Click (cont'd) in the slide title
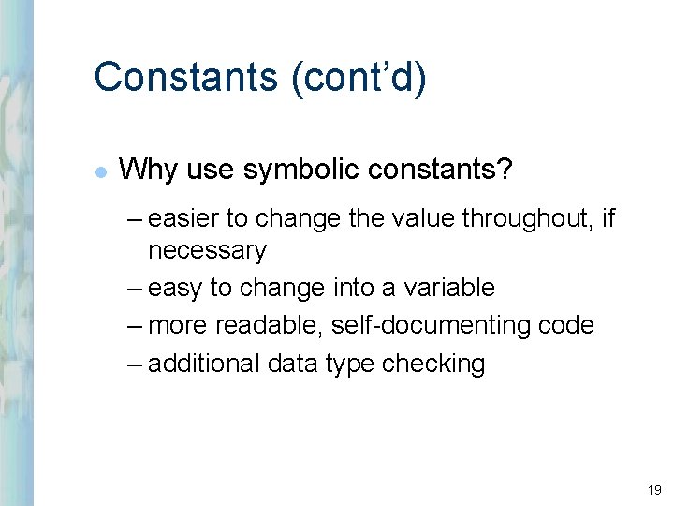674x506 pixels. tap(359, 77)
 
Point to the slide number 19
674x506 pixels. tap(652, 490)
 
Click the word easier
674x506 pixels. tap(183, 219)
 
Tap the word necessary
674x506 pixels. tap(207, 251)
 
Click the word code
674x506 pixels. tap(566, 325)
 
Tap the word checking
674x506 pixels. tap(433, 364)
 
